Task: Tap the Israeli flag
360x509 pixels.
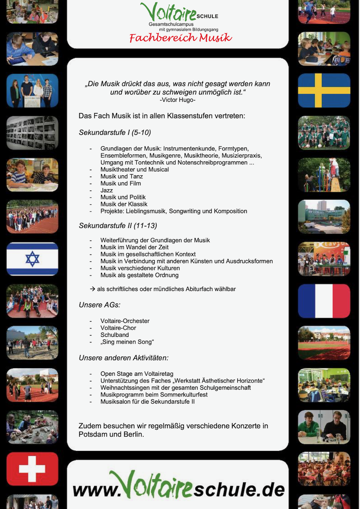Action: [32, 259]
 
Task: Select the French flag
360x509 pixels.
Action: [324, 301]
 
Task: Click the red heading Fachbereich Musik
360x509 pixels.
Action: [180, 38]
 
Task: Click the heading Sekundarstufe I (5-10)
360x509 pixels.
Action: [115, 132]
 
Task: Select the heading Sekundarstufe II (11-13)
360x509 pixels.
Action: [118, 226]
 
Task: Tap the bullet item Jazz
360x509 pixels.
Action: [107, 190]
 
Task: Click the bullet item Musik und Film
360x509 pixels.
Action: [121, 183]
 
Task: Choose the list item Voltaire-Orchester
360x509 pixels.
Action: [125, 321]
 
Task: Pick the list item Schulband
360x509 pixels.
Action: [115, 335]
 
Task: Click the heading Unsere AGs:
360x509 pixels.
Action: [99, 305]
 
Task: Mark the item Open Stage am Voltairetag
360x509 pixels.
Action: [137, 374]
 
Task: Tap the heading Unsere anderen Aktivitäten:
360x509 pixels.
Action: [123, 358]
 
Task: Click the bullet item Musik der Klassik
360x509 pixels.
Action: [124, 204]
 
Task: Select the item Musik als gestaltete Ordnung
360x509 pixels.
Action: [139, 275]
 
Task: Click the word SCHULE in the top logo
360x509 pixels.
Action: [207, 17]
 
